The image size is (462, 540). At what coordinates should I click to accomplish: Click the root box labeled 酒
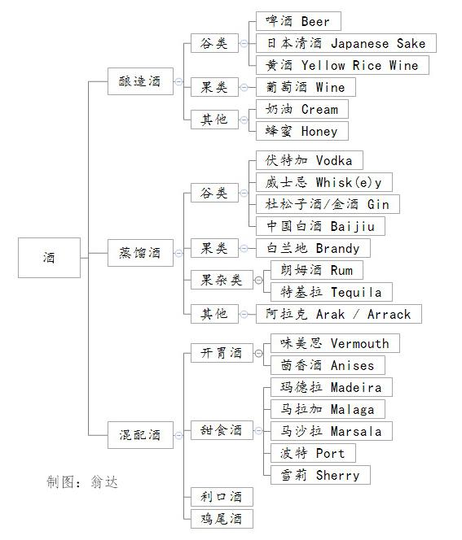(49, 258)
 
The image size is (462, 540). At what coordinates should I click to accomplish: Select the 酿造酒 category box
(140, 81)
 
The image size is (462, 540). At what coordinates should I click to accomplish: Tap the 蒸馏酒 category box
(140, 253)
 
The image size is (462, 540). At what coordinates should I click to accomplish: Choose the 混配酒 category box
(140, 434)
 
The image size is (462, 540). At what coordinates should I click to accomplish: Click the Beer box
(298, 21)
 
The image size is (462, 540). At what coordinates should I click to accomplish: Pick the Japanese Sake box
(346, 43)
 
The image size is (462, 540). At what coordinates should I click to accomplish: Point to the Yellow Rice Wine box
(342, 65)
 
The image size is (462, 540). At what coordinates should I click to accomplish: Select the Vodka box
(309, 160)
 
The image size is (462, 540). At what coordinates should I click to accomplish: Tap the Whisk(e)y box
(324, 182)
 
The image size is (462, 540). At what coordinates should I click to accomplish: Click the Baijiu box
(320, 226)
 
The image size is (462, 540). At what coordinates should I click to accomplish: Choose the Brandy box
(313, 248)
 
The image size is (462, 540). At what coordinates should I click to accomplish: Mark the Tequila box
(332, 292)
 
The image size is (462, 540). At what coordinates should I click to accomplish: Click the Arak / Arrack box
(338, 314)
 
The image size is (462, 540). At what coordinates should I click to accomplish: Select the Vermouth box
(335, 343)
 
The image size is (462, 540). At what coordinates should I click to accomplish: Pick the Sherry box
(320, 475)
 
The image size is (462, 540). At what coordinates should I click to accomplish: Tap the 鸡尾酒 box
(222, 519)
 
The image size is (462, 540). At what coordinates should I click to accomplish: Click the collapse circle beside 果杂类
(258, 280)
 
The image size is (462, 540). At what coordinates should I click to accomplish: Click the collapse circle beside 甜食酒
(258, 430)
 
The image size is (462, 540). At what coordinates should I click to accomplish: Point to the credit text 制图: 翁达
(82, 481)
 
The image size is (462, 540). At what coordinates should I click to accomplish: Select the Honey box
(302, 131)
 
